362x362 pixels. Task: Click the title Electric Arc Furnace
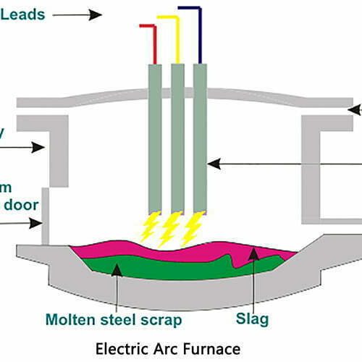click(x=181, y=348)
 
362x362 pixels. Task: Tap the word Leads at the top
click(x=21, y=12)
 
